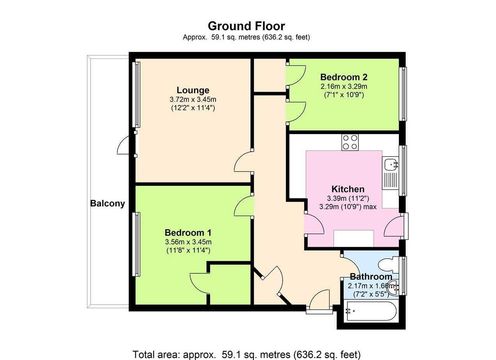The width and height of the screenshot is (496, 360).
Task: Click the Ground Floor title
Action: (x=246, y=26)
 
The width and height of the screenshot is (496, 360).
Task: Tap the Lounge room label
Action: (x=193, y=90)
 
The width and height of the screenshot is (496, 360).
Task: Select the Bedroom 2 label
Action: (x=344, y=77)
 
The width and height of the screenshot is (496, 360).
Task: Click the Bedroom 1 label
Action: (x=188, y=233)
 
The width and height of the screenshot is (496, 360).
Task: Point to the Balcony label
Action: (x=107, y=203)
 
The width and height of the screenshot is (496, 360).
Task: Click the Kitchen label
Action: (x=348, y=189)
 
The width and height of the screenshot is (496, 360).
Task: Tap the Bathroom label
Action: (x=370, y=277)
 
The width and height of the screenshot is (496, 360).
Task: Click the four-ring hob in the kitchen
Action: (x=350, y=142)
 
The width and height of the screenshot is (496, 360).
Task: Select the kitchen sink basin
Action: (x=390, y=165)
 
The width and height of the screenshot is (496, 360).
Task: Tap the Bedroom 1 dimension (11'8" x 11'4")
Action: (x=188, y=250)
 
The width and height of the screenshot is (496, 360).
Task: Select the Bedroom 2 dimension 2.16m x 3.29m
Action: (x=344, y=86)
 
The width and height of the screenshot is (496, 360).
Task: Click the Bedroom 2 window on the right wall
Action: (x=404, y=94)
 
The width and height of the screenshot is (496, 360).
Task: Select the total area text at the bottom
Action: (x=246, y=354)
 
